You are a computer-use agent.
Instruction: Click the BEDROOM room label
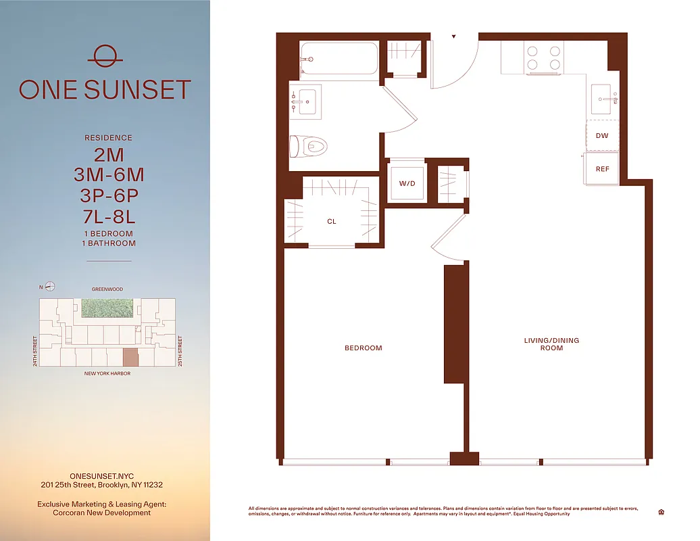pyautogui.click(x=364, y=348)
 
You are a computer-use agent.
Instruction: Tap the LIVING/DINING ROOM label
pyautogui.click(x=551, y=344)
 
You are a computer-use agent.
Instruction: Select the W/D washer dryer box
pyautogui.click(x=407, y=183)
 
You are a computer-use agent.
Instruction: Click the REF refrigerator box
pyautogui.click(x=602, y=168)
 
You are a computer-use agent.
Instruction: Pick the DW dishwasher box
pyautogui.click(x=601, y=136)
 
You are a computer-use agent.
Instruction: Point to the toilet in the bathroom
pyautogui.click(x=309, y=145)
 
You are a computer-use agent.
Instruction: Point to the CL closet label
pyautogui.click(x=332, y=221)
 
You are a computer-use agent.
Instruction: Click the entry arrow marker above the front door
pyautogui.click(x=454, y=37)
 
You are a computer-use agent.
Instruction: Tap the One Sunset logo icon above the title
pyautogui.click(x=105, y=56)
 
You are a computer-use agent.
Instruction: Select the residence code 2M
pyautogui.click(x=109, y=155)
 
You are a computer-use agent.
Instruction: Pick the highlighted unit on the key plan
pyautogui.click(x=130, y=358)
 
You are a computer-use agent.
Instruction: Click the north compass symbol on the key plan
pyautogui.click(x=50, y=287)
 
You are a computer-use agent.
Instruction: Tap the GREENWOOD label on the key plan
pyautogui.click(x=108, y=289)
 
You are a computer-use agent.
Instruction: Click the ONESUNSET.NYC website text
pyautogui.click(x=101, y=476)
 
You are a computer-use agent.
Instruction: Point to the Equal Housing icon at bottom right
pyautogui.click(x=660, y=512)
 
